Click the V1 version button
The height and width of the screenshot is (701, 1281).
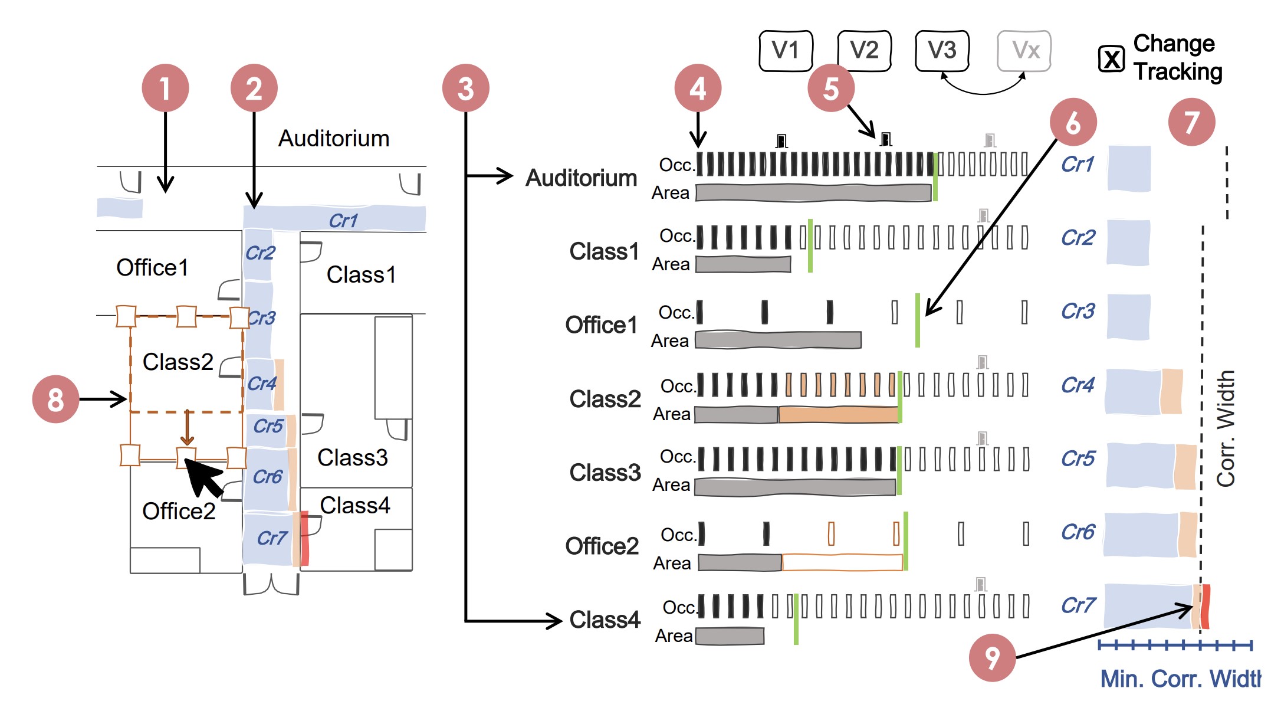[x=786, y=51]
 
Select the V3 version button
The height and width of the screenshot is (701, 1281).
[x=942, y=51]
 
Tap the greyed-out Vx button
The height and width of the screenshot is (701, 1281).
[x=1024, y=51]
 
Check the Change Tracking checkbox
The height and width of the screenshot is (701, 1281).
[x=1112, y=59]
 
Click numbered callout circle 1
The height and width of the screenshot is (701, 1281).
[x=165, y=88]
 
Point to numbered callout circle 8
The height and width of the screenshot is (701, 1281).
[x=55, y=399]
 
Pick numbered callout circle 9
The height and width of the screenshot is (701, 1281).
[x=992, y=658]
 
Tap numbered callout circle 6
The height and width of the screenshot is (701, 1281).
[x=1073, y=122]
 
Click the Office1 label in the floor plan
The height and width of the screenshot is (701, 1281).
[x=152, y=268]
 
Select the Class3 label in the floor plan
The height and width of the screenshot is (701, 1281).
[x=353, y=458]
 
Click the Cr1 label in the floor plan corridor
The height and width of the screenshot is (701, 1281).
[x=343, y=221]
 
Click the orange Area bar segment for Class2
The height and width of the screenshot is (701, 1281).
[x=837, y=415]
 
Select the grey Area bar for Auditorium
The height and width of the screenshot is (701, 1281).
[x=813, y=193]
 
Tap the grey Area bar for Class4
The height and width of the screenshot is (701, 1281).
[x=730, y=636]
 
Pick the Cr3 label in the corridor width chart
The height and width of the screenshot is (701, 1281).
[x=1078, y=311]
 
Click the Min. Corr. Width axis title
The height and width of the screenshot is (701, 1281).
[x=1180, y=679]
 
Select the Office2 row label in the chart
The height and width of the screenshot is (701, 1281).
[x=602, y=546]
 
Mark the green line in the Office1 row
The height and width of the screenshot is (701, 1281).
[x=918, y=320]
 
